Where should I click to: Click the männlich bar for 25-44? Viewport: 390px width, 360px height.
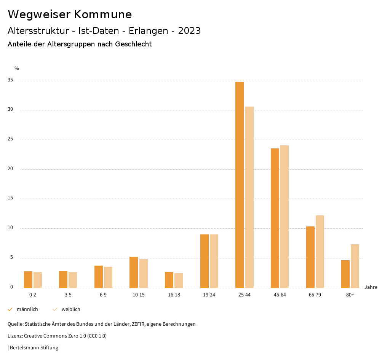(x=240, y=185)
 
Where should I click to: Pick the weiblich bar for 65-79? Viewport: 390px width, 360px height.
(x=320, y=252)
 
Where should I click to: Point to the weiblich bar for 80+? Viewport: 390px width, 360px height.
(x=355, y=266)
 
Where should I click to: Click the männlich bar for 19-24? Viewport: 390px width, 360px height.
(x=205, y=261)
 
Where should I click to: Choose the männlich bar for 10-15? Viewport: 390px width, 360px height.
(x=134, y=272)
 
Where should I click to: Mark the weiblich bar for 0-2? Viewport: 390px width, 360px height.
(x=38, y=280)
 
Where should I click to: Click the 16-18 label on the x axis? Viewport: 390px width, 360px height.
(x=174, y=295)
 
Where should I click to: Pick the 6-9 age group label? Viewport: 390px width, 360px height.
(x=103, y=295)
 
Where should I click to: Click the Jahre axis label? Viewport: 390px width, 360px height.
(x=371, y=287)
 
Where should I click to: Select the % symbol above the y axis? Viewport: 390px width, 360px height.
(x=17, y=68)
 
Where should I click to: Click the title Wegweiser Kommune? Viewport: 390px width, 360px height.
(x=70, y=14)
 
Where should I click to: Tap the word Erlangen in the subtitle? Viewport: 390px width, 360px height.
(x=147, y=31)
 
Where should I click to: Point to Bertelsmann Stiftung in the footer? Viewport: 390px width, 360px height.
(x=34, y=348)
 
